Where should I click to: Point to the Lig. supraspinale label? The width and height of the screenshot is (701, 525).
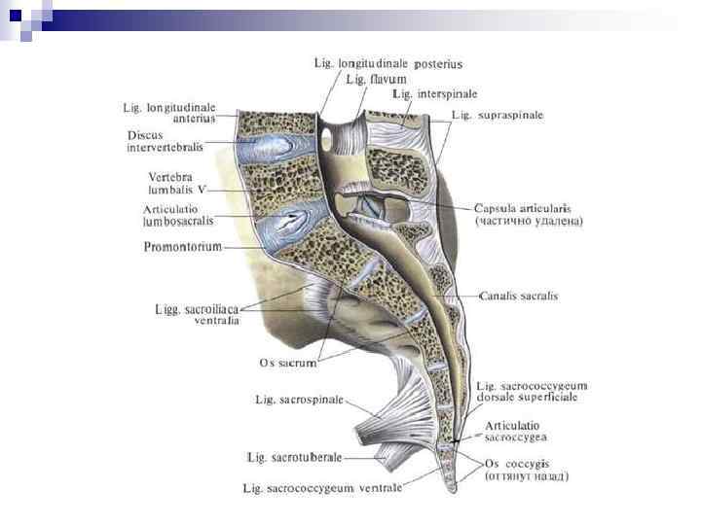498,115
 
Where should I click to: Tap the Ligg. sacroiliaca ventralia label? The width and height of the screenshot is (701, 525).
198,315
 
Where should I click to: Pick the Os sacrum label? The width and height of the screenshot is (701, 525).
288,363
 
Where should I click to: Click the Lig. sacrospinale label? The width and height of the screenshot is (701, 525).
300,399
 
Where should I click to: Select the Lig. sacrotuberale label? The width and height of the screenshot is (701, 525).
295,456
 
